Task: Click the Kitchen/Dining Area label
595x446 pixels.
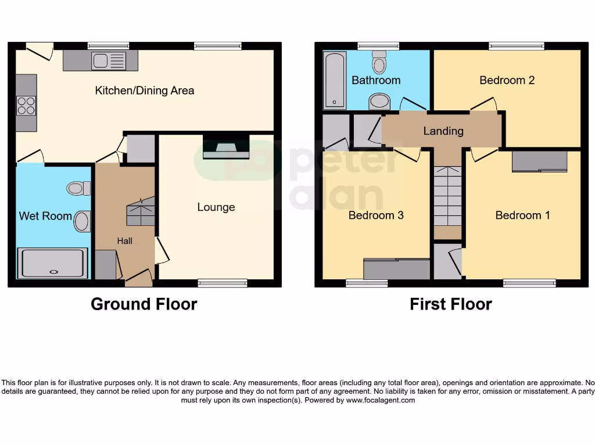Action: (x=144, y=91)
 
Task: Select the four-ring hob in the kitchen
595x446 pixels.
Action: (x=26, y=105)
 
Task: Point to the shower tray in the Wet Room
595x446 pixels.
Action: (x=53, y=263)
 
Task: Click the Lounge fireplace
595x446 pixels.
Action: (x=226, y=148)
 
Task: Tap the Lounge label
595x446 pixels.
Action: (x=216, y=207)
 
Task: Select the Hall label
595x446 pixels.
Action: (x=124, y=240)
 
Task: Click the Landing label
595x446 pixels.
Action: (x=443, y=131)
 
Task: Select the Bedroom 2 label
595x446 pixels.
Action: (x=507, y=80)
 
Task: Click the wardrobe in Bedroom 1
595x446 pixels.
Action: (x=539, y=161)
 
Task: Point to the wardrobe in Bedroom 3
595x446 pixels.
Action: (x=396, y=269)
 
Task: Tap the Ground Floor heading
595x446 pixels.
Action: (x=144, y=304)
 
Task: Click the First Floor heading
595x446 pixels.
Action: (x=450, y=304)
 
